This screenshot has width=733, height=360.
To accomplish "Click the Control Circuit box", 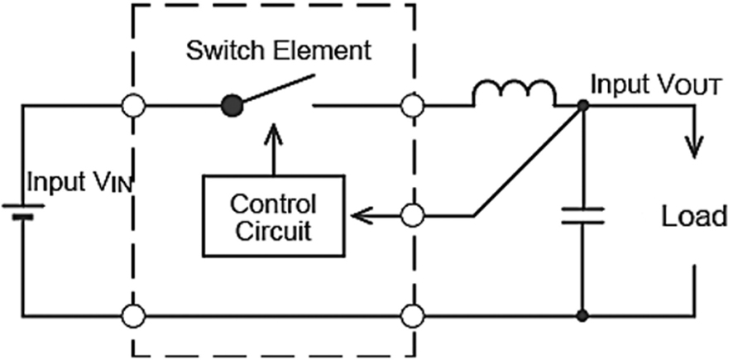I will pos(272,216).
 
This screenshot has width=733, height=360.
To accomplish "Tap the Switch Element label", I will pos(279,51).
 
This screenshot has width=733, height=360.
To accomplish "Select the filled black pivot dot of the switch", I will pos(233,105).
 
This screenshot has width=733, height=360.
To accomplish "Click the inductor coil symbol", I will pos(514,94).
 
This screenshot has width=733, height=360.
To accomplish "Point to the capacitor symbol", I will pos(582,217).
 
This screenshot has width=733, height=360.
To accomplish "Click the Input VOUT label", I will pos(653,86).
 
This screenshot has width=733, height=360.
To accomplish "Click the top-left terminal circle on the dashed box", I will pos(132,106).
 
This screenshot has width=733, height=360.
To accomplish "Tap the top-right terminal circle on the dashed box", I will pos(411,106).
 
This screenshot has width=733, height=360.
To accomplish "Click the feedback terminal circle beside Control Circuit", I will pos(411,217).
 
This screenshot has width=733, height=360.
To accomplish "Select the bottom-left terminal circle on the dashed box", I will pos(132,316).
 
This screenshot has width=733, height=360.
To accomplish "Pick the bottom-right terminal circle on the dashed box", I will pos(411,316).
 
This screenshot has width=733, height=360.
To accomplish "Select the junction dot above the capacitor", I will pos(582,106).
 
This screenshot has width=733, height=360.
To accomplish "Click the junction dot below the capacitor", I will pos(582,316).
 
